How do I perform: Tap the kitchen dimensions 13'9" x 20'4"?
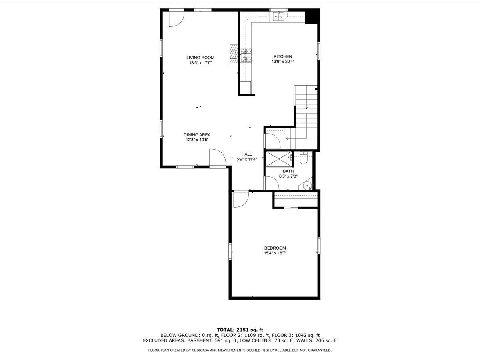(x=283, y=62)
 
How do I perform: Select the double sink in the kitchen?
(x=279, y=16)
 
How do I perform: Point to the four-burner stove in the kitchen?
(x=246, y=56)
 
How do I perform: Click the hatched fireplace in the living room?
(x=234, y=54)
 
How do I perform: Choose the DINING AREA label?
(x=197, y=135)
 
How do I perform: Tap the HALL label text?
(x=246, y=154)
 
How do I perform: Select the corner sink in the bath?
(x=307, y=185)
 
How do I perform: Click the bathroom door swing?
(x=272, y=183)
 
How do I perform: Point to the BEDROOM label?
(x=275, y=248)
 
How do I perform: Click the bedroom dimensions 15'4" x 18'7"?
(x=275, y=253)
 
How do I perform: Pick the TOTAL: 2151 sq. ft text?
(x=240, y=330)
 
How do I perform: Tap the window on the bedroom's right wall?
(x=319, y=246)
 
